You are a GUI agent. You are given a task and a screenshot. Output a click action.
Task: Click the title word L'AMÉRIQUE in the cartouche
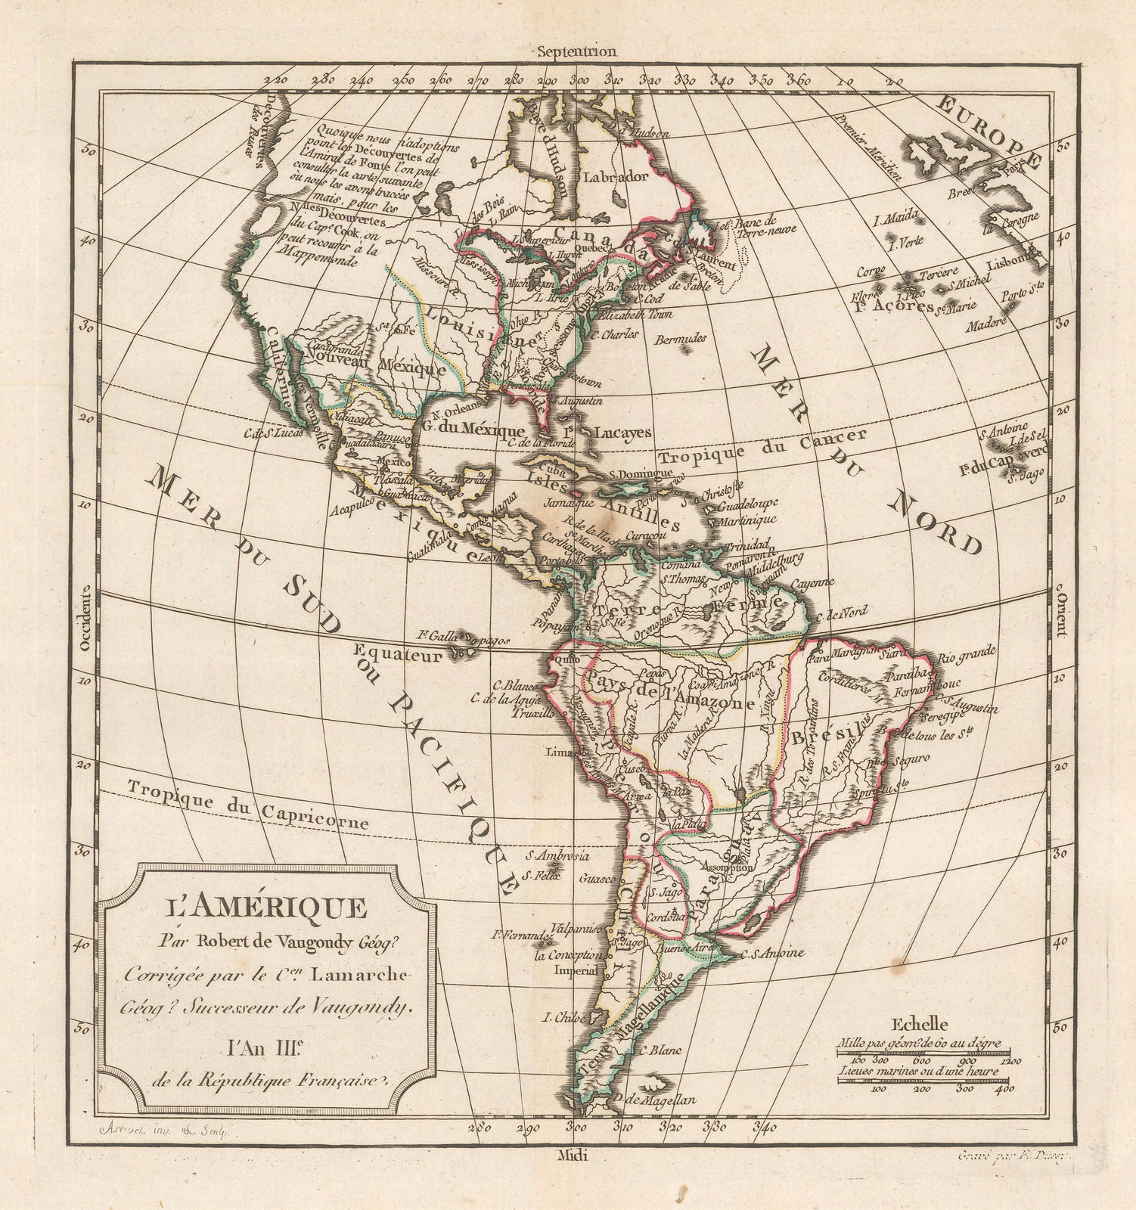coord(263,907)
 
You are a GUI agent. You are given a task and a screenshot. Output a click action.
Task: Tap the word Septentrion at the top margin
coord(575,51)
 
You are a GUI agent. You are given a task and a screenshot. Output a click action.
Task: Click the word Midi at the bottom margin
coord(567,1155)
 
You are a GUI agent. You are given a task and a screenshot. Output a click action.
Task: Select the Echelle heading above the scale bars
coord(918,1025)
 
